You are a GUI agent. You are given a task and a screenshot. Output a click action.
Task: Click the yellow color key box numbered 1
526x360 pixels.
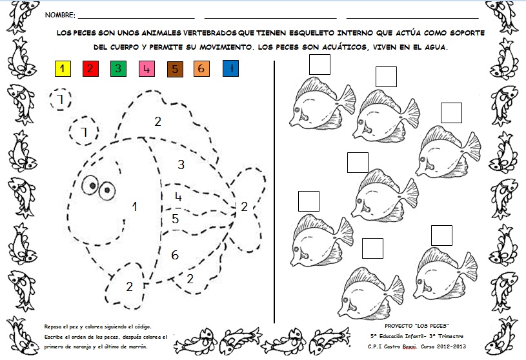click(x=63, y=68)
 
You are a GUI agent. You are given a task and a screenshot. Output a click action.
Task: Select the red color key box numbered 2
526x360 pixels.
click(x=90, y=68)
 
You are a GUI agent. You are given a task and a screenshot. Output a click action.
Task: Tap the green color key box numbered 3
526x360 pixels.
click(x=118, y=68)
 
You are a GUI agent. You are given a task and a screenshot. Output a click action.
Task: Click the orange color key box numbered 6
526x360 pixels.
click(x=201, y=68)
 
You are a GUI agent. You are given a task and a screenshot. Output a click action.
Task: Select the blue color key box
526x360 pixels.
click(x=230, y=68)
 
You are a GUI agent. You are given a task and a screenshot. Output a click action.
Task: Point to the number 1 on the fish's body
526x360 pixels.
click(x=134, y=206)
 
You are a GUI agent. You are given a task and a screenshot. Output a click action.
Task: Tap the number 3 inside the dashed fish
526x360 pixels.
click(x=181, y=165)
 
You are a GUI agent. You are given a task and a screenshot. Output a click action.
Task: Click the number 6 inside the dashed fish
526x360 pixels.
click(x=175, y=255)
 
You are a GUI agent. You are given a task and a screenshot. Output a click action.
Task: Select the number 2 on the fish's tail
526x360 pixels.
click(x=244, y=206)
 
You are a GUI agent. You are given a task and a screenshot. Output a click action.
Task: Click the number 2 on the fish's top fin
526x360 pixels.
click(x=157, y=121)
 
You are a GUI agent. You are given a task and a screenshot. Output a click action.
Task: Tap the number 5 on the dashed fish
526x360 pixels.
click(x=175, y=219)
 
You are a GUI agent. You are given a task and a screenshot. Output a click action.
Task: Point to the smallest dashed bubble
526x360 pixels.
click(x=59, y=99)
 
